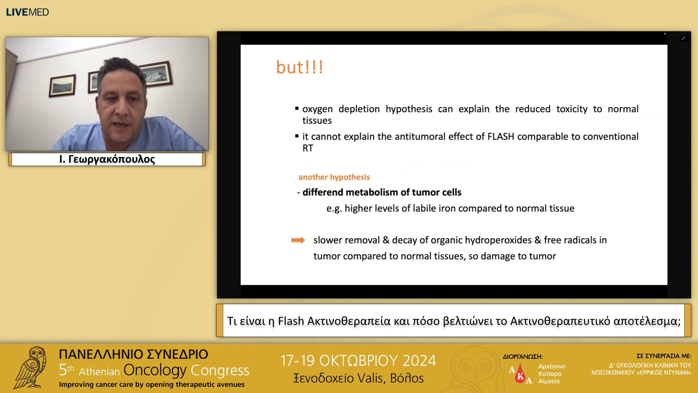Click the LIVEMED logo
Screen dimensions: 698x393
[x=27, y=12]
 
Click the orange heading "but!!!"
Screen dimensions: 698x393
[x=300, y=67]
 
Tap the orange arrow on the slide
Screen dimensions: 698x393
[x=298, y=240]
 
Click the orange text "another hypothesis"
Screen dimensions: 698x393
[x=334, y=177]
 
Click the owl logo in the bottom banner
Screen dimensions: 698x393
[x=31, y=368]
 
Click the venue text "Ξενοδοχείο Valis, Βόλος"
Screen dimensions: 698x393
[x=358, y=378]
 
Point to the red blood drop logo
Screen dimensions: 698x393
[x=520, y=374]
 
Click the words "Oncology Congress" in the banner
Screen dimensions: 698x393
[x=186, y=370]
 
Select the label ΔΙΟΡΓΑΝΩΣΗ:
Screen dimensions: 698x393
[x=523, y=357]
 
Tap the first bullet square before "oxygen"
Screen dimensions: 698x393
[x=297, y=108]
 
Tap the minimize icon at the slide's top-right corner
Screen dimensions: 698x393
[x=684, y=38]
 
